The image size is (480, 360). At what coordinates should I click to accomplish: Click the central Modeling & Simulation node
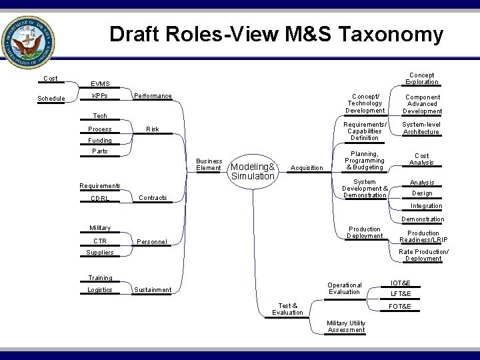(x=252, y=171)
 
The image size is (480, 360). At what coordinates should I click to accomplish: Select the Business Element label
(x=209, y=165)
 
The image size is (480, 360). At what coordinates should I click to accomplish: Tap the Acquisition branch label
(x=307, y=168)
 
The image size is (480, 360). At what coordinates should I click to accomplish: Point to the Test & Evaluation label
(x=287, y=309)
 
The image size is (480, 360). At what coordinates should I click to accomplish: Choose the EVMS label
(x=101, y=84)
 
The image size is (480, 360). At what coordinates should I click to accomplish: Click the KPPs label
(x=100, y=97)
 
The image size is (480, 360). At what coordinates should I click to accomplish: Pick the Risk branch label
(x=153, y=129)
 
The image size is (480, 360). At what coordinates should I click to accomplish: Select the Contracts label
(x=153, y=198)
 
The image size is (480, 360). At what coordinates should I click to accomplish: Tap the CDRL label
(x=100, y=199)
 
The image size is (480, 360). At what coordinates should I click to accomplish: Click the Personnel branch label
(x=153, y=241)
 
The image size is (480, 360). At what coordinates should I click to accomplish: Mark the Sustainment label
(x=153, y=290)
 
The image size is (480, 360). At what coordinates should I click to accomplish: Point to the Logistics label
(x=100, y=290)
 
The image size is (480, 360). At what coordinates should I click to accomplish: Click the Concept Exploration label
(x=422, y=79)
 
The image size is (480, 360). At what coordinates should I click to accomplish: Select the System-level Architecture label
(x=421, y=128)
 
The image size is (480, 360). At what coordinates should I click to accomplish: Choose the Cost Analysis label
(x=421, y=159)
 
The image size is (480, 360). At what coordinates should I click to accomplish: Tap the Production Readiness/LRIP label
(x=423, y=237)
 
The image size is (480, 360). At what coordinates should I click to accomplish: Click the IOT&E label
(x=401, y=283)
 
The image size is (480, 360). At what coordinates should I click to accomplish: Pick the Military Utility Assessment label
(x=347, y=327)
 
